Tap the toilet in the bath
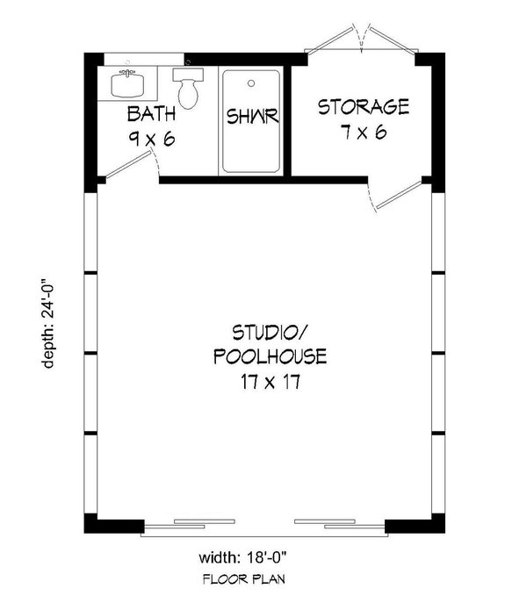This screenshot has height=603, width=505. click(187, 88)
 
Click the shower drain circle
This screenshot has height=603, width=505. click(252, 84)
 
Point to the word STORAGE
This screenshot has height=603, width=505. click(364, 108)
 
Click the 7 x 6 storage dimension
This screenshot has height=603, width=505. click(364, 133)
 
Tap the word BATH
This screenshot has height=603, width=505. click(152, 113)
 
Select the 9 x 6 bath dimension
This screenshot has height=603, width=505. click(152, 138)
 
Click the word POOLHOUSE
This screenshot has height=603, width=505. click(270, 357)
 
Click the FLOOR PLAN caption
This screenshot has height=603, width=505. click(244, 579)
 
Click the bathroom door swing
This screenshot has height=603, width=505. click(132, 166)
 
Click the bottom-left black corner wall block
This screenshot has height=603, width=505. click(112, 525)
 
